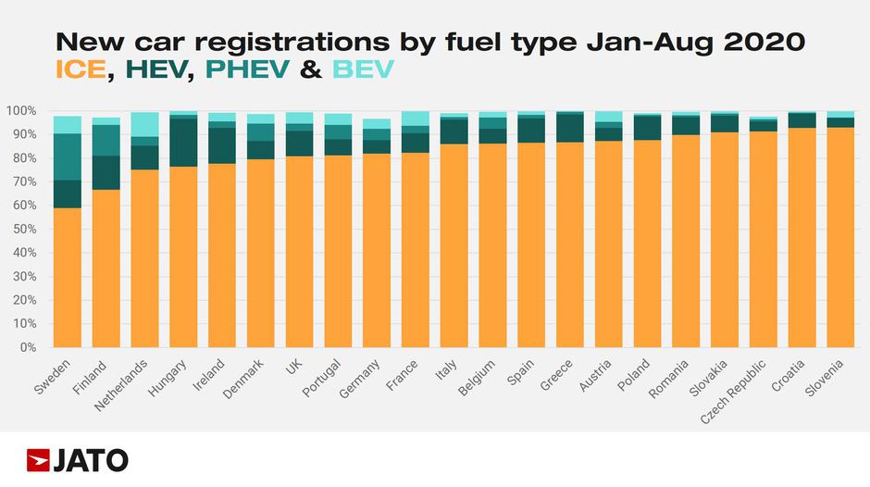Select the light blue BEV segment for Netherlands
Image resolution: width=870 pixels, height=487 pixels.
pyautogui.click(x=144, y=124)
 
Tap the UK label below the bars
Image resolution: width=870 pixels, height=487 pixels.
pyautogui.click(x=294, y=368)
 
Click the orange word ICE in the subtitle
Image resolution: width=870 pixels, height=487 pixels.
pyautogui.click(x=81, y=69)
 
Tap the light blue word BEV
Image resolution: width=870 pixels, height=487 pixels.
pyautogui.click(x=362, y=69)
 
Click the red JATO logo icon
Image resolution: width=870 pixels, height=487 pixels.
pyautogui.click(x=39, y=459)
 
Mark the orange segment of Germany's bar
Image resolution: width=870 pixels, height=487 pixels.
pyautogui.click(x=377, y=250)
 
